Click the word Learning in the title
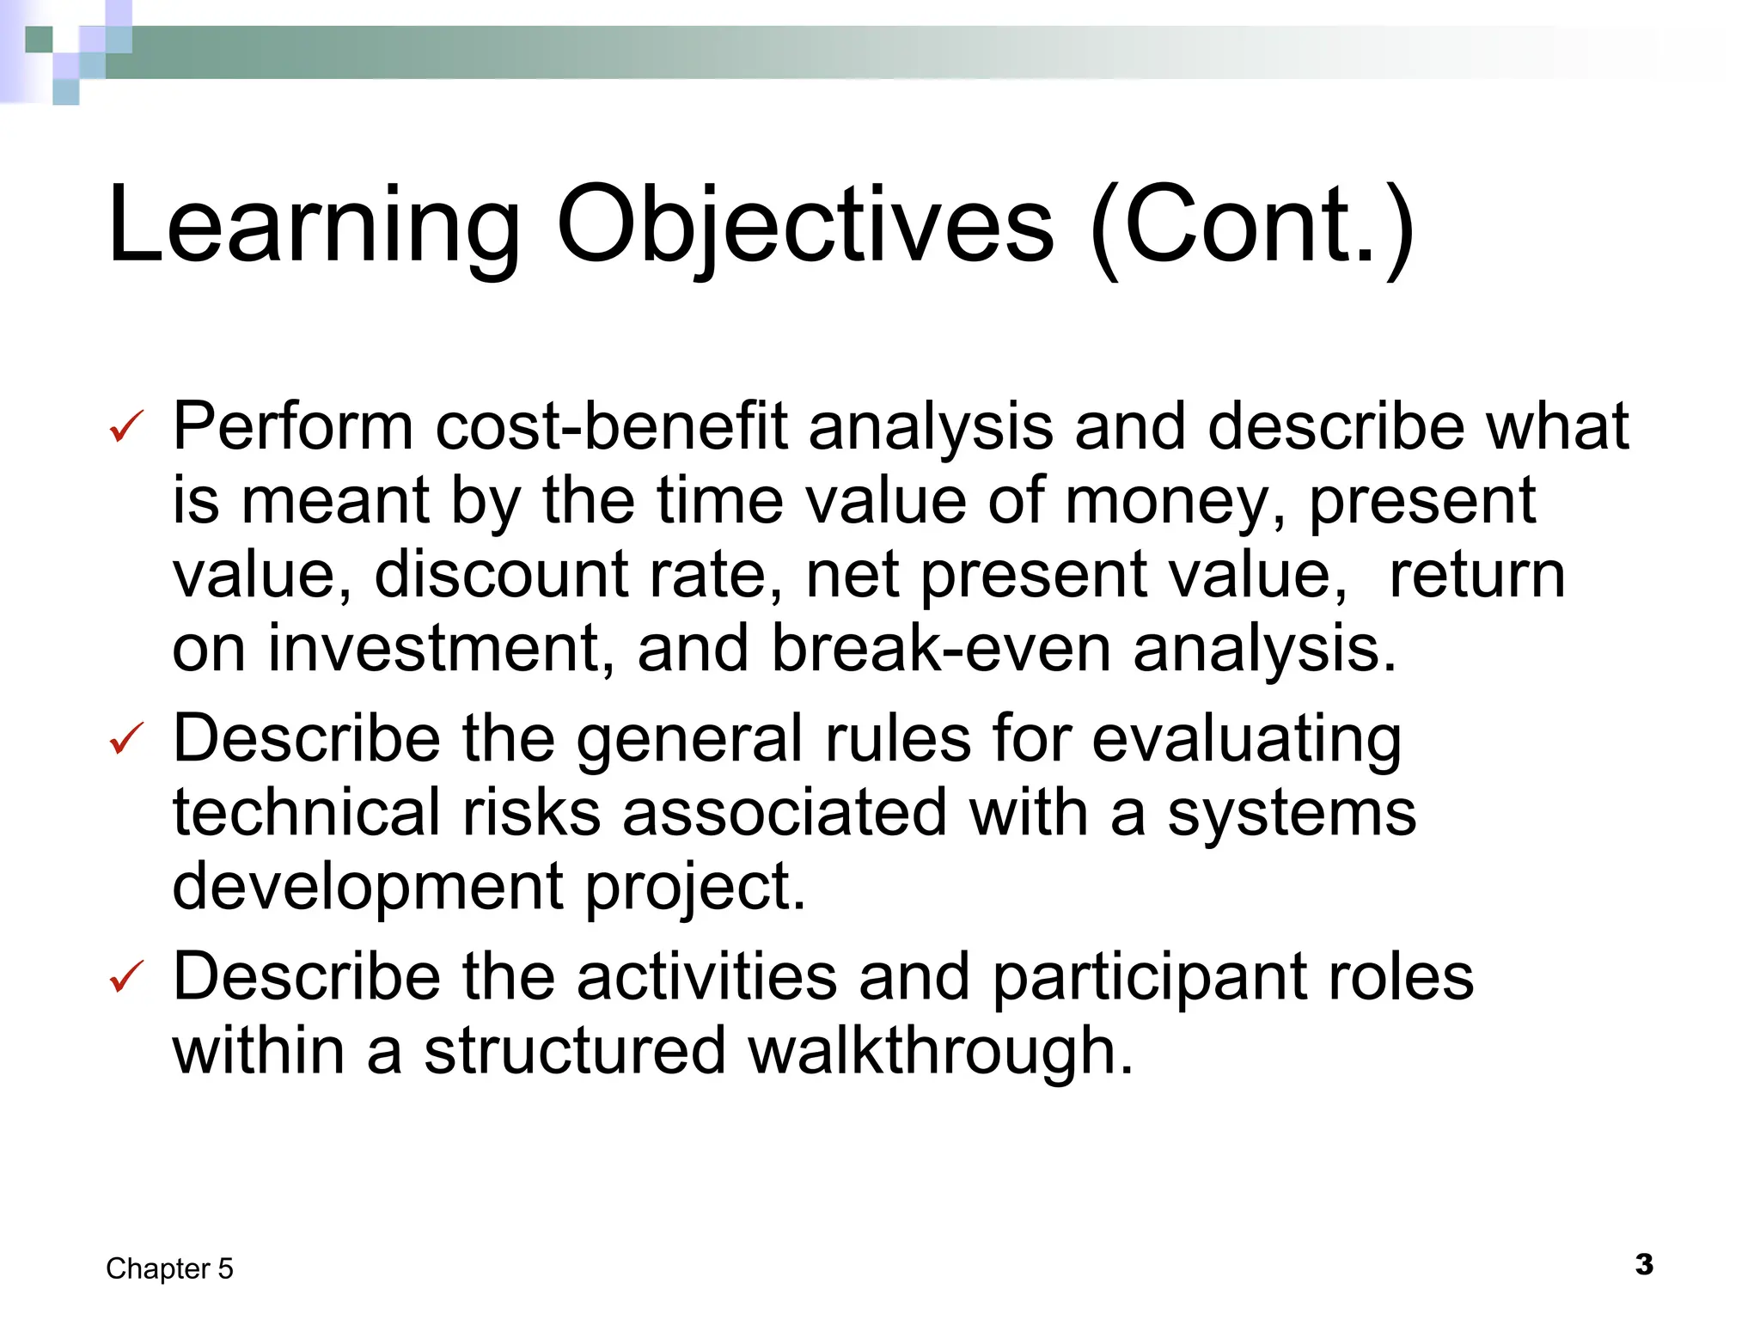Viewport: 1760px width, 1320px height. coord(314,225)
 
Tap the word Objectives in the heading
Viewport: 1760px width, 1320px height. coord(804,225)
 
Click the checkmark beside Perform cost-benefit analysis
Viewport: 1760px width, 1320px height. coord(127,426)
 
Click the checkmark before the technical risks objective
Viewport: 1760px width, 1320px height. coord(127,738)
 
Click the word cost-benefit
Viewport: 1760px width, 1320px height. coord(611,426)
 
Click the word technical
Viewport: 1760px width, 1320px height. coord(307,812)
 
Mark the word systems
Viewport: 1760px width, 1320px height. coord(1291,812)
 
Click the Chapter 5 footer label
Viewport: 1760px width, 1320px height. coord(169,1268)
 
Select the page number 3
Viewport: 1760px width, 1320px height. coord(1644,1264)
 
